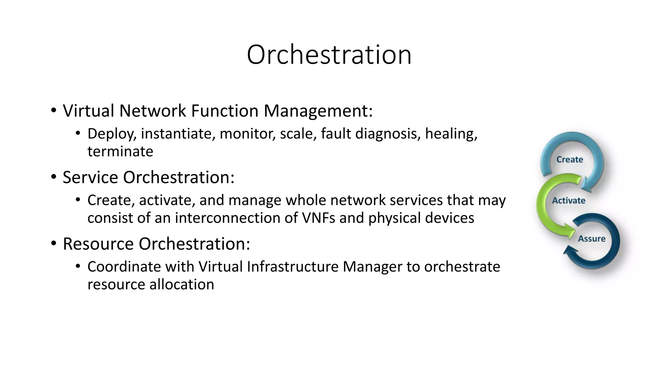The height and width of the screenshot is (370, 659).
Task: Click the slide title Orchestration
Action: pyautogui.click(x=329, y=55)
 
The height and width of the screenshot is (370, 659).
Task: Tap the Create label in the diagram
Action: pyautogui.click(x=570, y=160)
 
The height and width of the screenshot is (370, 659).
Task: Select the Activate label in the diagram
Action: pyautogui.click(x=569, y=201)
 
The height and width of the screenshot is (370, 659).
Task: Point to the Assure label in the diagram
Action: pyautogui.click(x=591, y=239)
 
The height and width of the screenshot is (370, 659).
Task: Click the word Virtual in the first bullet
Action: pyautogui.click(x=88, y=111)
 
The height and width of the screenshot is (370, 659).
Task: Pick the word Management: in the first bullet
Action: pyautogui.click(x=318, y=111)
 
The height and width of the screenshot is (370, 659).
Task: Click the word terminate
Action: pyautogui.click(x=120, y=152)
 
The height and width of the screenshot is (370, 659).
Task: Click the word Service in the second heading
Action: pyautogui.click(x=90, y=177)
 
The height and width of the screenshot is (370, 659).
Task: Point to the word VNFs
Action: pyautogui.click(x=319, y=218)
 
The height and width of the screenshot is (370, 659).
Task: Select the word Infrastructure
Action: pyautogui.click(x=292, y=267)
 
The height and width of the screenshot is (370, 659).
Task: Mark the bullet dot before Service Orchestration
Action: pyautogui.click(x=54, y=177)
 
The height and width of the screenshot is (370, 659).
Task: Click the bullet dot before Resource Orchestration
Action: pyautogui.click(x=54, y=243)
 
